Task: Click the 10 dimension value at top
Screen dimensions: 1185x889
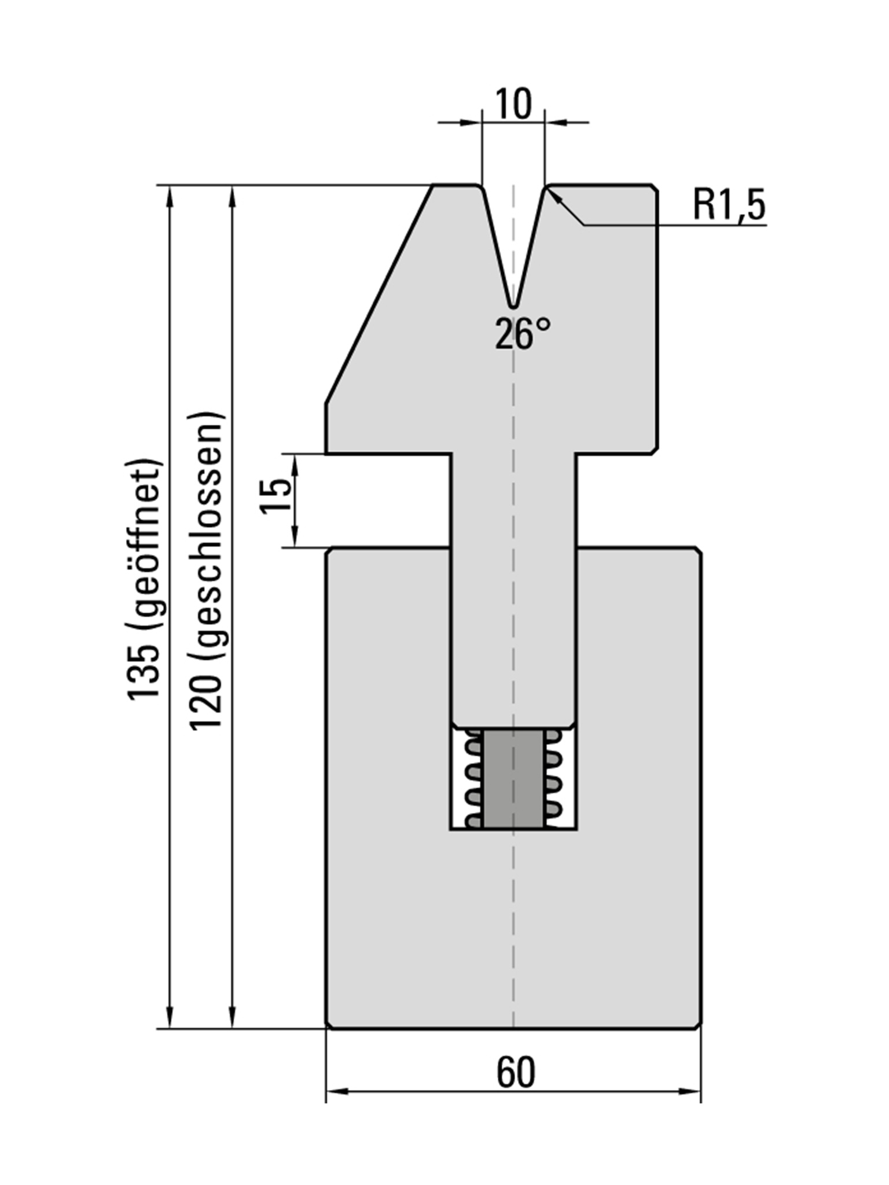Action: click(513, 105)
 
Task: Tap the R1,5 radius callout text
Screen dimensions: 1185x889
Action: click(729, 205)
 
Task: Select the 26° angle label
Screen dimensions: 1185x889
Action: click(523, 334)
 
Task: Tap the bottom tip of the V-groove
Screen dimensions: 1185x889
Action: click(513, 305)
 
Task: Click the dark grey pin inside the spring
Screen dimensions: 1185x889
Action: click(513, 778)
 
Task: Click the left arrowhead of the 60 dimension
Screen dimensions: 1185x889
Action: click(336, 1091)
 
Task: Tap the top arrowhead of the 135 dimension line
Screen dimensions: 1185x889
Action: click(170, 197)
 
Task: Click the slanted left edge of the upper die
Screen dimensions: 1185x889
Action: click(379, 295)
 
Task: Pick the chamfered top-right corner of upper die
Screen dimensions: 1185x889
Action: click(655, 189)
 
